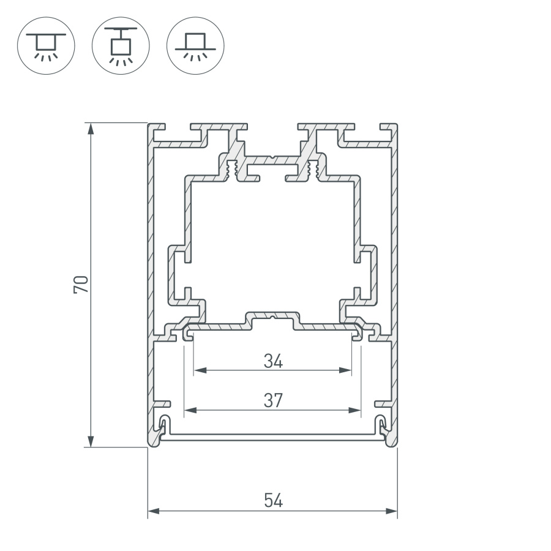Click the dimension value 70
tap(81, 284)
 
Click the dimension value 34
tap(273, 362)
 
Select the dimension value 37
tap(273, 401)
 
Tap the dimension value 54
tap(273, 501)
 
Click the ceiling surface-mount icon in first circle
tap(46, 45)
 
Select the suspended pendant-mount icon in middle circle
tap(121, 45)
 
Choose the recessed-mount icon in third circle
tap(195, 45)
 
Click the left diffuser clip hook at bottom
tap(163, 425)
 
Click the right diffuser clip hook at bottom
tap(381, 425)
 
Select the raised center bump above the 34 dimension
tap(273, 317)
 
